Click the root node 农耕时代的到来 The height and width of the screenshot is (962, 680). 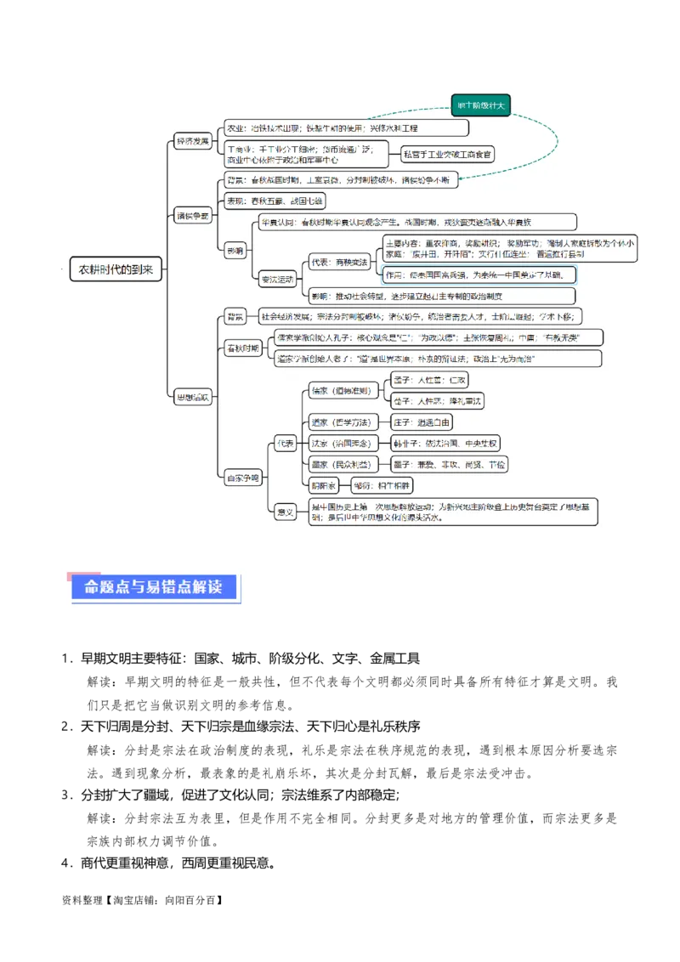[x=116, y=269]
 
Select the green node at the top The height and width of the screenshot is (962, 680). [x=481, y=105]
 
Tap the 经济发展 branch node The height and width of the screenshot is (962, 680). [x=192, y=141]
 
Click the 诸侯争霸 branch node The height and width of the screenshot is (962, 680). [x=192, y=216]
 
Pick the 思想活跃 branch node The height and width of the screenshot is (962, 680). [x=192, y=397]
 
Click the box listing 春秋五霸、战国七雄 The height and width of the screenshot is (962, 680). [x=274, y=201]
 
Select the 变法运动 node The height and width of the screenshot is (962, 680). [x=277, y=279]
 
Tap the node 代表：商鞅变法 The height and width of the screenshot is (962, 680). [x=340, y=263]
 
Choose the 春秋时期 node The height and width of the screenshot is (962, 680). [x=243, y=349]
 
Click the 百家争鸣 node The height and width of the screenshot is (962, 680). [x=243, y=478]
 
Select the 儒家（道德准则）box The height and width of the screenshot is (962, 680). [x=340, y=391]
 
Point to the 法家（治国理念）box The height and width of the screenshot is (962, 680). [x=340, y=444]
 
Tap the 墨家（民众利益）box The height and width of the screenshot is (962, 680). [x=340, y=464]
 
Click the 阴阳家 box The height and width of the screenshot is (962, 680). [x=324, y=485]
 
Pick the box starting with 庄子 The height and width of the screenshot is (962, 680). [x=422, y=422]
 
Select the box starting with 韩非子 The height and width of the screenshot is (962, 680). [x=445, y=444]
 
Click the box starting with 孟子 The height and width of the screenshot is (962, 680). [x=430, y=380]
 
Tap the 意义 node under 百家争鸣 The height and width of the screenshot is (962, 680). [x=286, y=512]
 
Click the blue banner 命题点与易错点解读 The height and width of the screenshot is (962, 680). [x=153, y=586]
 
